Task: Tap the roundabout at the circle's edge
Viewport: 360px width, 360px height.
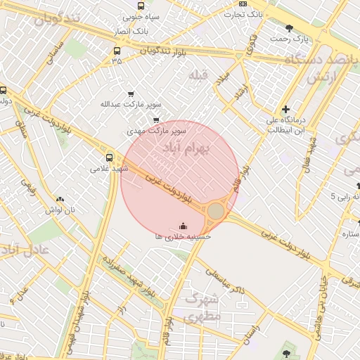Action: [216, 211]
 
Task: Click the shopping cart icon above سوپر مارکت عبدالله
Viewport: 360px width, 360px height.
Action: [131, 94]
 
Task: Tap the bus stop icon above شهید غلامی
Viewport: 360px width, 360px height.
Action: [109, 157]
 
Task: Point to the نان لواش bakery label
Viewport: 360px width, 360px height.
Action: [60, 210]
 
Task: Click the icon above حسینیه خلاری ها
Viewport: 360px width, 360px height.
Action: [184, 226]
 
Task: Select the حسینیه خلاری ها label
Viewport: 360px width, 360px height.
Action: [184, 237]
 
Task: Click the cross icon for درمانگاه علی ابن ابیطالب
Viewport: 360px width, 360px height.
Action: [285, 109]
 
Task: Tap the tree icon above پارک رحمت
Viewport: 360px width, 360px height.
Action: [290, 28]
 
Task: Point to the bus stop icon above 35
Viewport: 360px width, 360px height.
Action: [117, 51]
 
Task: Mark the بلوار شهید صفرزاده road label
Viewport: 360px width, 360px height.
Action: [127, 276]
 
